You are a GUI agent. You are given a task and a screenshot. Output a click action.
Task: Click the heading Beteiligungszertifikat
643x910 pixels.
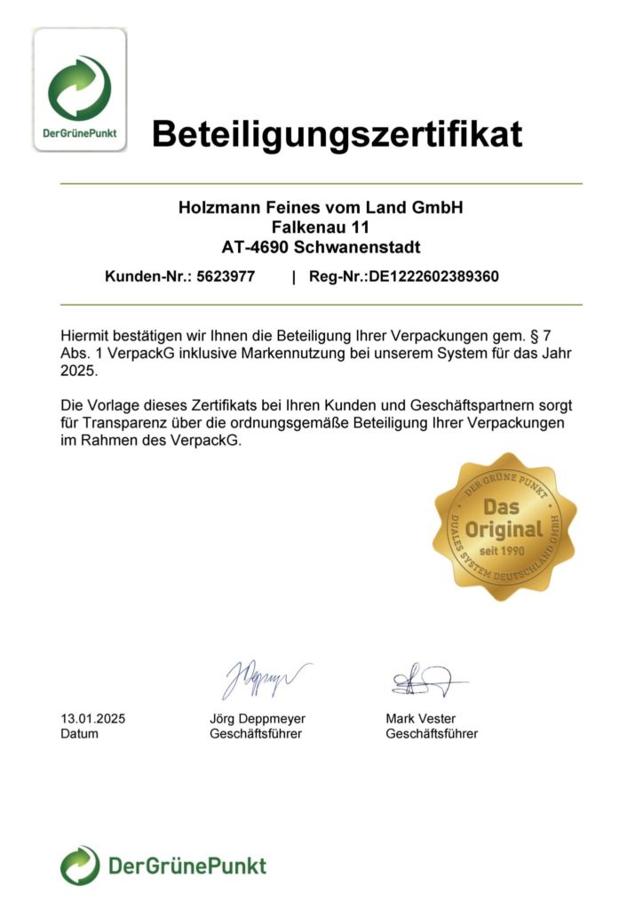tap(337, 134)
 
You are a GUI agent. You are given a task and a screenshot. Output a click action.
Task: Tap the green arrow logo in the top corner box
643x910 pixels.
tap(80, 87)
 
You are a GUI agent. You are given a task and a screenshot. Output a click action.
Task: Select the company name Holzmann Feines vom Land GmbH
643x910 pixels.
tap(321, 208)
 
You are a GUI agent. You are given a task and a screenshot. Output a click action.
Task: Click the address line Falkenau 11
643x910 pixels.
tap(321, 227)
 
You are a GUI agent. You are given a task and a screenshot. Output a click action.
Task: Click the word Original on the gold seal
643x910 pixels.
tap(504, 530)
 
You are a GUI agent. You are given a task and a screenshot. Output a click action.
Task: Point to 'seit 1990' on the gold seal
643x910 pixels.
tap(504, 551)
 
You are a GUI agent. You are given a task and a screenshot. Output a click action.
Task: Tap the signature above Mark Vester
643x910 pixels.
tap(424, 682)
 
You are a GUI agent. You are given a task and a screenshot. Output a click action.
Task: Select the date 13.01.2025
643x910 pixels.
tap(92, 718)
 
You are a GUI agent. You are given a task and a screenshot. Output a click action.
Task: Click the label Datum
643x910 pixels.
tap(79, 734)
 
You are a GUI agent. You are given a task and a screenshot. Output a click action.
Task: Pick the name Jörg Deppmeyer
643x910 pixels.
tap(257, 718)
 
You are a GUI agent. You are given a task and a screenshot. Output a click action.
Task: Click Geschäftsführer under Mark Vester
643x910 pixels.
tap(432, 734)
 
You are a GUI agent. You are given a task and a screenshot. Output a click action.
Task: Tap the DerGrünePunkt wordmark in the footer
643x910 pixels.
tap(187, 865)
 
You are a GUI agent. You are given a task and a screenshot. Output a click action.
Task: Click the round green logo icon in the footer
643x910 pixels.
tap(80, 865)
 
